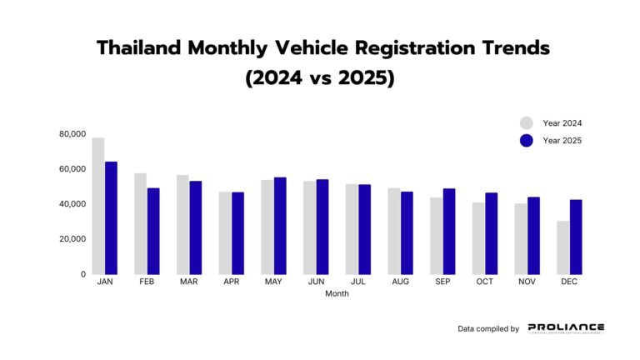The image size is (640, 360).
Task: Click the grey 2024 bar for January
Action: (98, 206)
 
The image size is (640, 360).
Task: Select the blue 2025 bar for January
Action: (111, 217)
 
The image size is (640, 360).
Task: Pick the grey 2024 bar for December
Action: (563, 247)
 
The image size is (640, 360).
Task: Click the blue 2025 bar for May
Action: (280, 225)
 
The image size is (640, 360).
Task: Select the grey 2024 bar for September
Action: (437, 236)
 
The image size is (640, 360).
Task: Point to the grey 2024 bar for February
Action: (140, 223)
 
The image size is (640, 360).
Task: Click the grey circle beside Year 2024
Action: (526, 123)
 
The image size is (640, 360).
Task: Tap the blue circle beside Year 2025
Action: (526, 141)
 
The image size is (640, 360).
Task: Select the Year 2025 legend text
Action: (562, 141)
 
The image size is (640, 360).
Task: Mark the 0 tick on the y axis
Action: (82, 274)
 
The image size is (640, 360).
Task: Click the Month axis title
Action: (337, 293)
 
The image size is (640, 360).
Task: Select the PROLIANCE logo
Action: (566, 328)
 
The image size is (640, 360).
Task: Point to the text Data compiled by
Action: (488, 329)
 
